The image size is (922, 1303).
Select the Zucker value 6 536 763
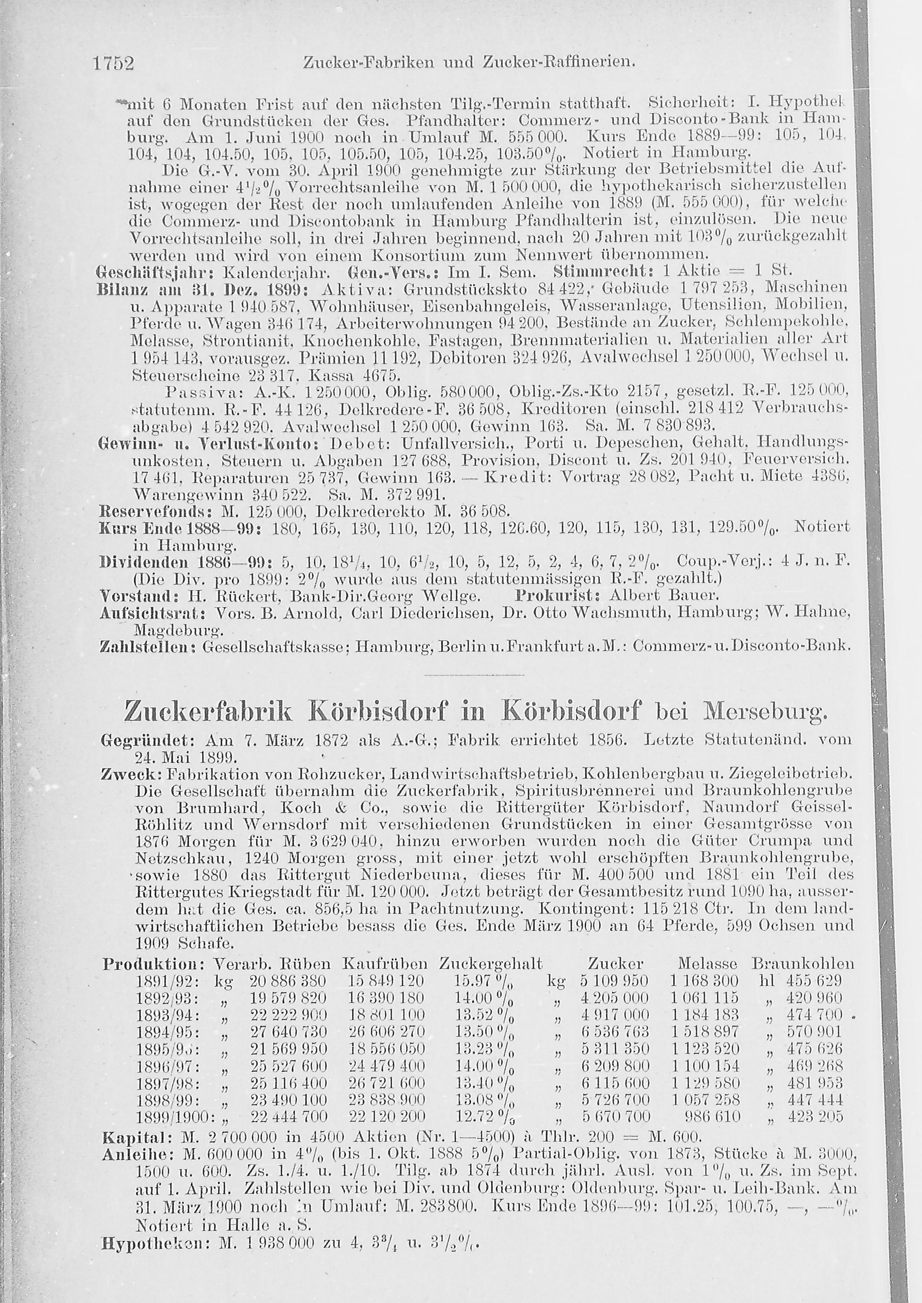pos(615,1032)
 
